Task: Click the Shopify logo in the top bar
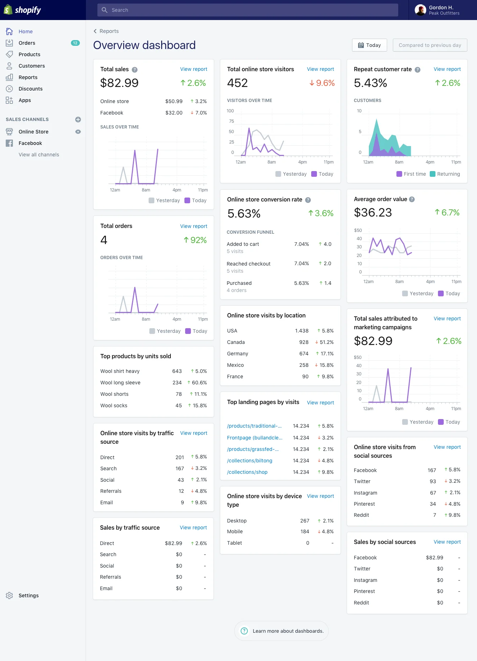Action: click(22, 10)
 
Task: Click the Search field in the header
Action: click(247, 10)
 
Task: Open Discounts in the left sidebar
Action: click(30, 89)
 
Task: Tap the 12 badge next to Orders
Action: click(75, 43)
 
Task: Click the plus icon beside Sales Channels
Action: click(78, 120)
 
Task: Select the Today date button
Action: click(369, 45)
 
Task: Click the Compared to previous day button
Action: click(430, 45)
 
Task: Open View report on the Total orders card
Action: click(193, 226)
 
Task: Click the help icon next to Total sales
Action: click(135, 70)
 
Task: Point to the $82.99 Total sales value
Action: click(119, 83)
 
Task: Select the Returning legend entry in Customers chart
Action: click(445, 174)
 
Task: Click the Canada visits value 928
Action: click(304, 342)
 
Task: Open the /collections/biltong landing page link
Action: click(250, 461)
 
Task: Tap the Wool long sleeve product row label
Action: click(120, 383)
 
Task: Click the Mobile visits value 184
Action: click(305, 531)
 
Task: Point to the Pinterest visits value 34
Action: click(433, 504)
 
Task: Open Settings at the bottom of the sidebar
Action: click(28, 596)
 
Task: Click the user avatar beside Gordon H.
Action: click(420, 10)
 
